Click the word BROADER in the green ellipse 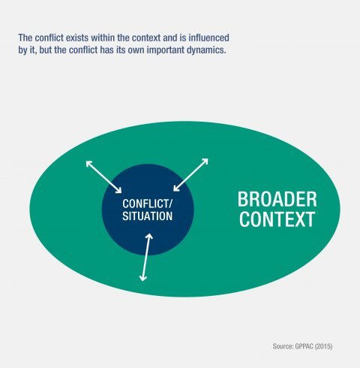click(x=277, y=200)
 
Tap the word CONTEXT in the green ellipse click(x=277, y=219)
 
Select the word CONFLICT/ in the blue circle click(x=147, y=204)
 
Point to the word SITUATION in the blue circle click(x=147, y=216)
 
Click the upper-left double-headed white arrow click(x=103, y=176)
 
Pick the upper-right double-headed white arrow click(x=190, y=175)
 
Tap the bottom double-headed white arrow click(x=146, y=258)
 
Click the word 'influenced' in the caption click(x=208, y=38)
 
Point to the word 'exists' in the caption click(x=77, y=38)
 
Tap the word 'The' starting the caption click(x=25, y=38)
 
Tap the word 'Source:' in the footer click(x=283, y=346)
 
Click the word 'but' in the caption click(x=45, y=50)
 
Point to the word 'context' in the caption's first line click(x=146, y=38)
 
